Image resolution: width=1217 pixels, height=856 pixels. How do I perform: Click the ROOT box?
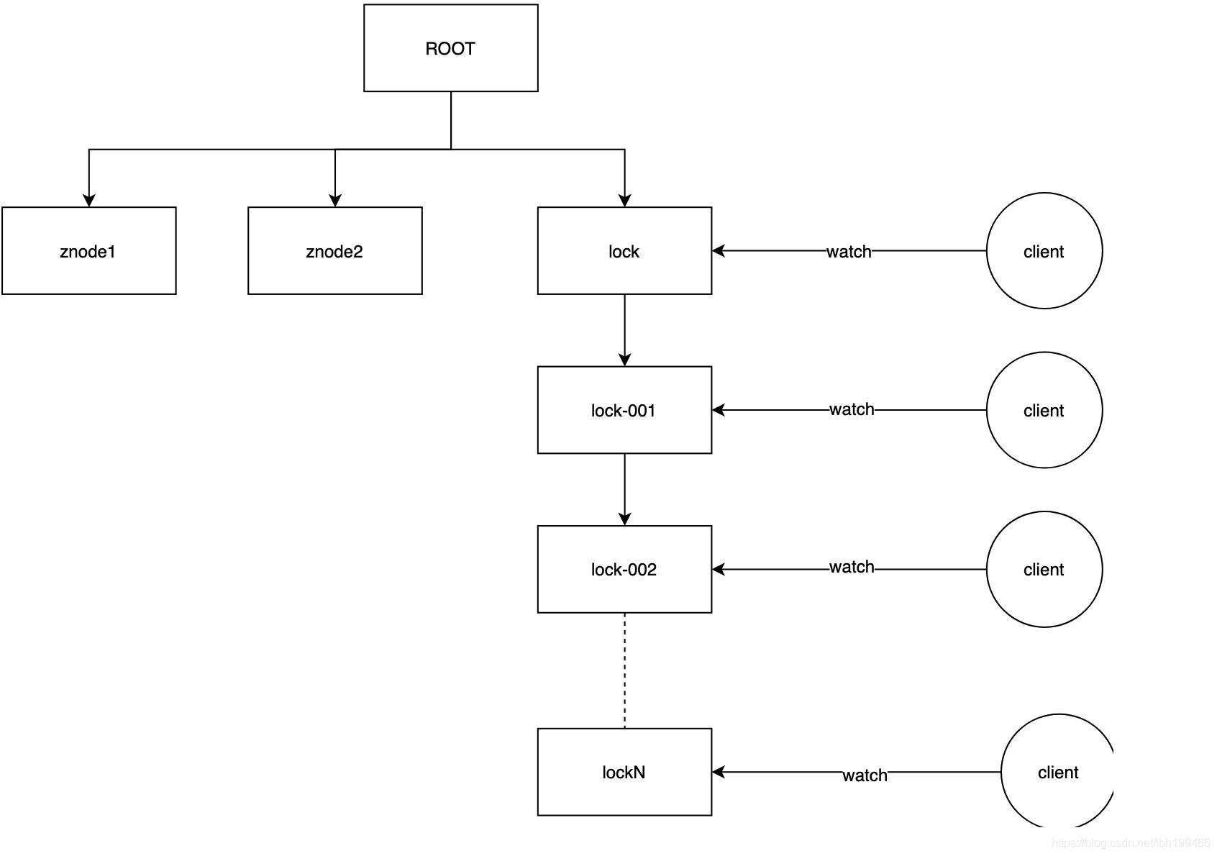point(450,48)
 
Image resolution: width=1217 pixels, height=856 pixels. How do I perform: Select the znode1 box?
point(88,251)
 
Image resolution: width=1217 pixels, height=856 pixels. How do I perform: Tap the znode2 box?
point(334,251)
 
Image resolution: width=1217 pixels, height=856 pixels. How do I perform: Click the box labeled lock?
point(624,251)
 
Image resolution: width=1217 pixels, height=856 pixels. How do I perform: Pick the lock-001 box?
point(624,410)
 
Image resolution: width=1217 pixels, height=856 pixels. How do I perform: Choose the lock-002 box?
point(624,569)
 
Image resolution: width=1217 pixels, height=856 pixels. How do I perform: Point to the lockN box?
point(624,772)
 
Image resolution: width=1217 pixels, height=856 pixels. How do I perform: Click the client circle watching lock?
point(1044,251)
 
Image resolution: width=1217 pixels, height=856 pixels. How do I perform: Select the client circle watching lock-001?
point(1044,410)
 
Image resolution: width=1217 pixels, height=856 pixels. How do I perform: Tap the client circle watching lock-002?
point(1044,569)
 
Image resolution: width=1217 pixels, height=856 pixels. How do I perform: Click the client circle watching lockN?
point(1057,772)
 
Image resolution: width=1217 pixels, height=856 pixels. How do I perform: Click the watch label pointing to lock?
point(849,252)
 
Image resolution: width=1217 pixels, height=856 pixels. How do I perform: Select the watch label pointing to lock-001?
point(852,409)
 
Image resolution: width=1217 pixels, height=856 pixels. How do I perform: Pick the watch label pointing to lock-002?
point(852,567)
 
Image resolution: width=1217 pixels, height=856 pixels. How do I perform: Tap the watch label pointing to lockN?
point(865,775)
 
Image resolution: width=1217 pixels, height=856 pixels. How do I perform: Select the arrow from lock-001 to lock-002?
point(624,489)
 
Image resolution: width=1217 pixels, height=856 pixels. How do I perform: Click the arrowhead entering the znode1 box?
point(88,200)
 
